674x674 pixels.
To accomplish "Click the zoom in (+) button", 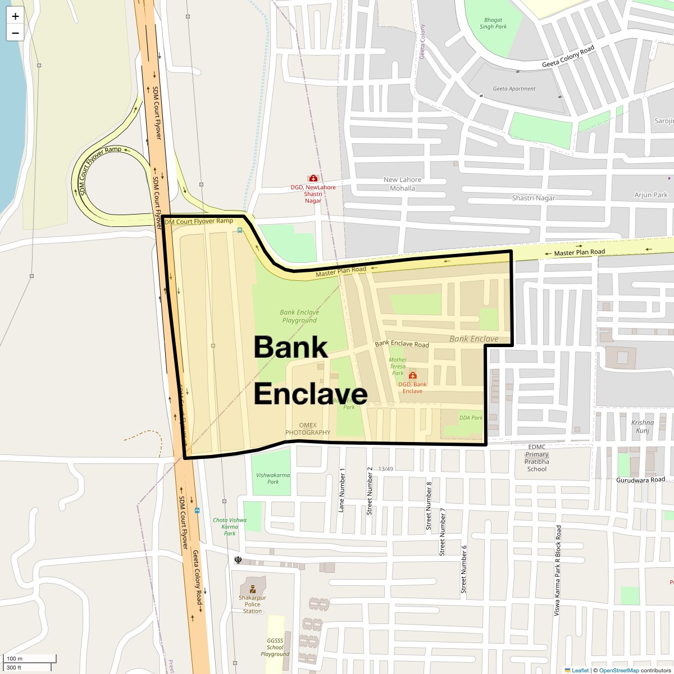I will pos(15,16).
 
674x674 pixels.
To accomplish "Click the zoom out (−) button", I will pos(15,33).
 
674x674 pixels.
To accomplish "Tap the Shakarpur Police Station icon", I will pos(253,589).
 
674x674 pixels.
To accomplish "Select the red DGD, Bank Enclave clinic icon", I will pos(413,375).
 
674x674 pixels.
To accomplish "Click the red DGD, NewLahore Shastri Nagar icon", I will pos(313,178).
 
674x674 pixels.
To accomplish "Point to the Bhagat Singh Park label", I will pos(493,24).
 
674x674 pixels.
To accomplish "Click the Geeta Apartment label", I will pos(514,89).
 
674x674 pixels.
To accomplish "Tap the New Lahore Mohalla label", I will pos(402,184).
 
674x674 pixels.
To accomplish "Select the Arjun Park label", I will pos(651,195).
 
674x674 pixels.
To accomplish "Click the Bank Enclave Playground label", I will pos(299,316).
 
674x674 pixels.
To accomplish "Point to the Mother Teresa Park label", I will pos(398,366).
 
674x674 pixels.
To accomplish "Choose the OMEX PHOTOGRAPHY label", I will pos(308,429).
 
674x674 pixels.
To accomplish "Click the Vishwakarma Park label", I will pos(273,478).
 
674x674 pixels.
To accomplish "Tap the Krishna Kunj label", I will pos(643,426).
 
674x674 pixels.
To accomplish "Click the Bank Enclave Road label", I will pos(402,344).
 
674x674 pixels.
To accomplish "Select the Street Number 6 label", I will pos(464,569).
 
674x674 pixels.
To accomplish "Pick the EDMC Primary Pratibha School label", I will pos(537,458).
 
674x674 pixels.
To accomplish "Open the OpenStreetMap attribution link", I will pos(618,670).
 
